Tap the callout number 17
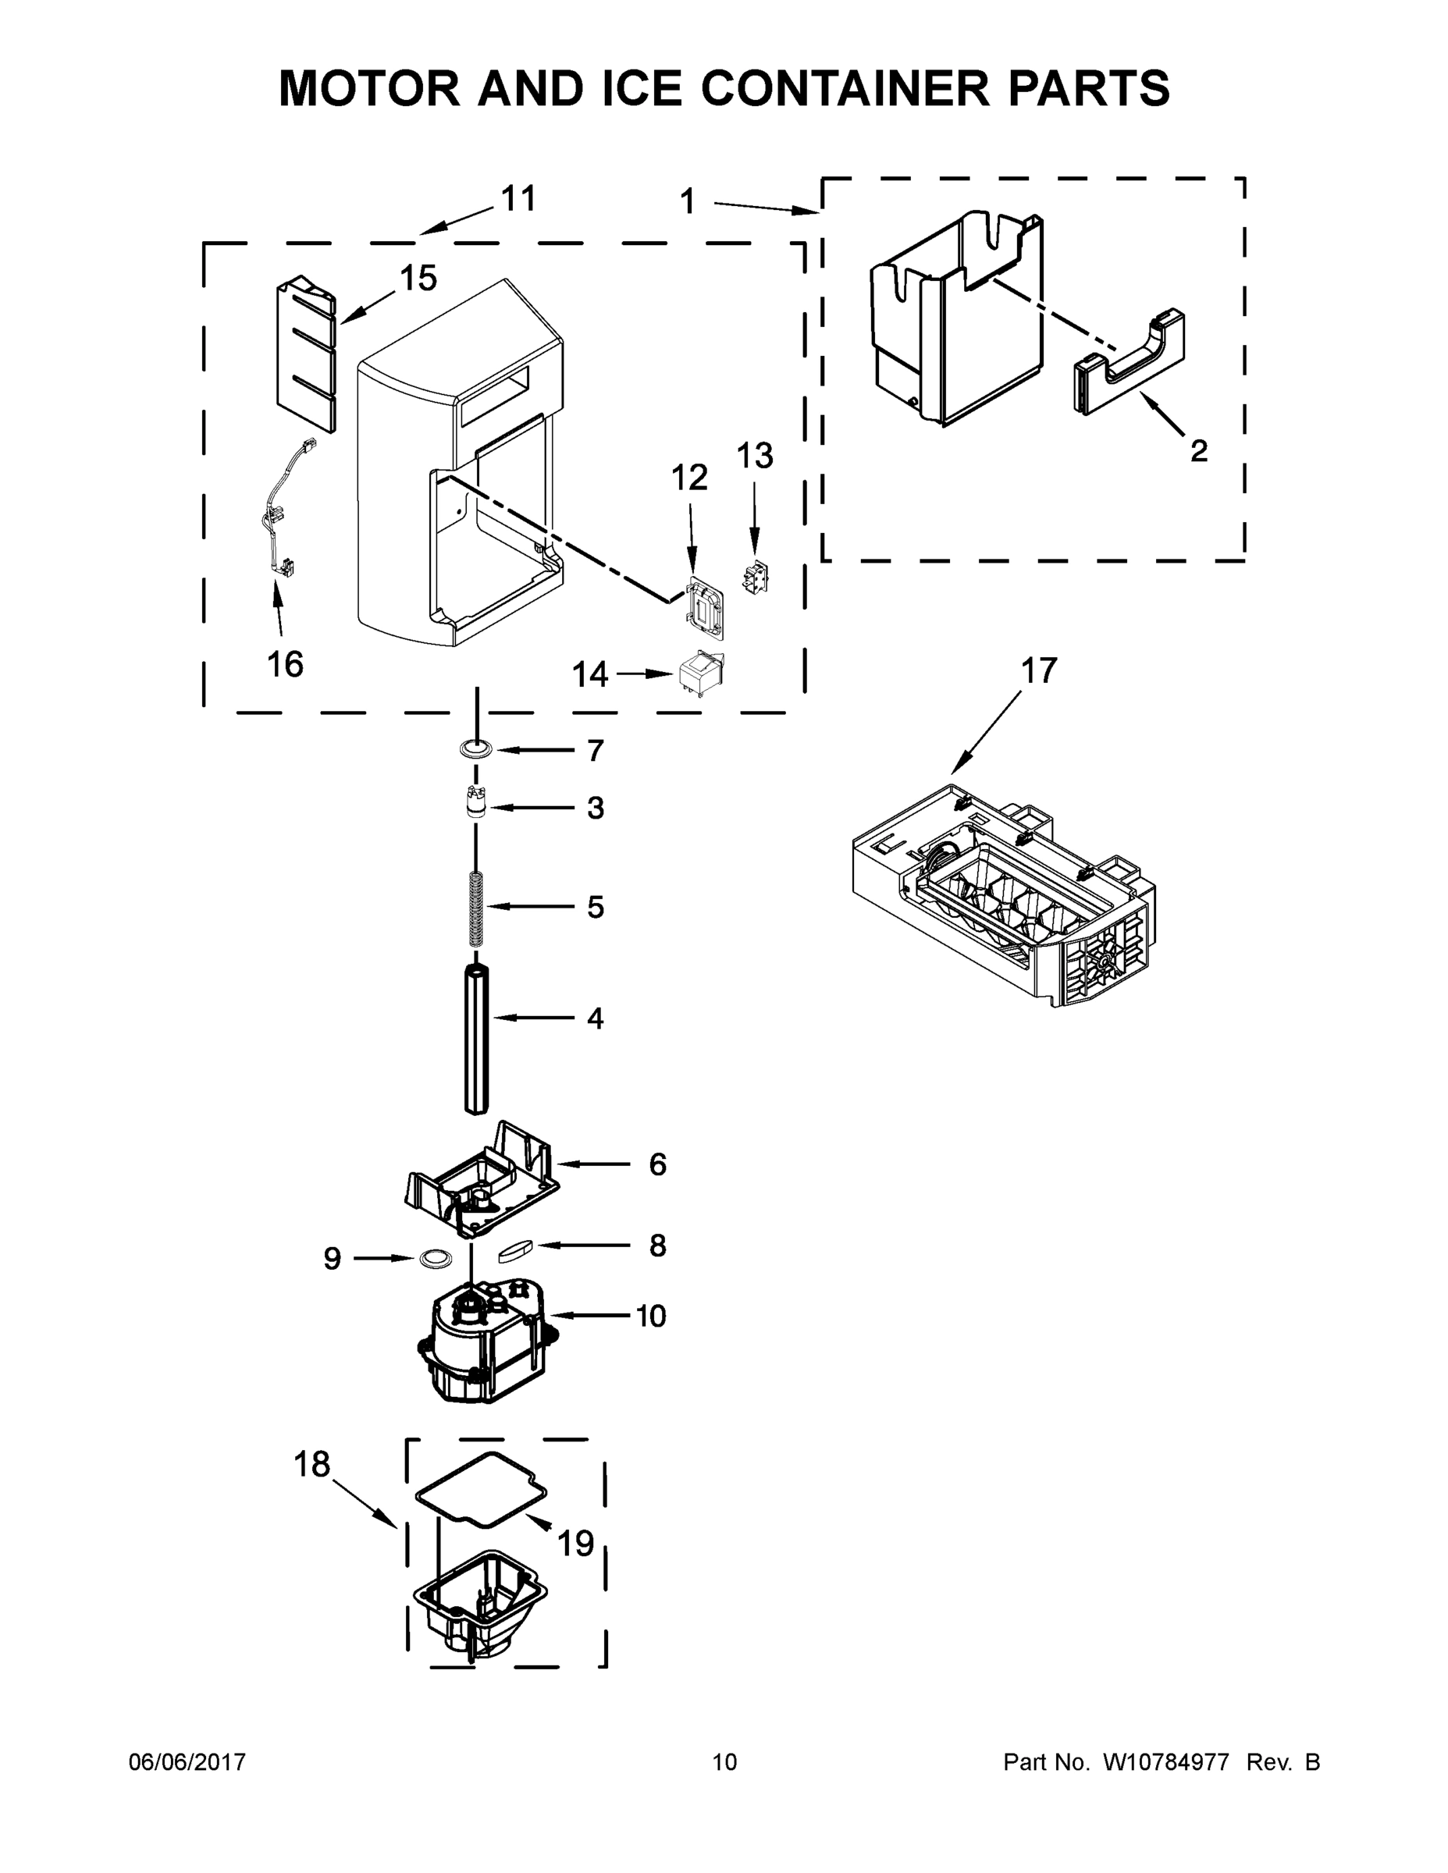pyautogui.click(x=1038, y=671)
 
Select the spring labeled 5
pyautogui.click(x=477, y=908)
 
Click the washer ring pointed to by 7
pyautogui.click(x=475, y=749)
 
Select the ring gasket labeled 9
pyautogui.click(x=436, y=1258)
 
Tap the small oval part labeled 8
pyautogui.click(x=515, y=1250)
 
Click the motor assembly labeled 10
pyautogui.click(x=485, y=1351)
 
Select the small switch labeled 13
pyautogui.click(x=755, y=578)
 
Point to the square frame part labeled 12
pyautogui.click(x=706, y=608)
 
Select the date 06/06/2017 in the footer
pyautogui.click(x=187, y=1762)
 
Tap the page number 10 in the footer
pyautogui.click(x=724, y=1762)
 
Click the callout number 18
pyautogui.click(x=311, y=1464)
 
